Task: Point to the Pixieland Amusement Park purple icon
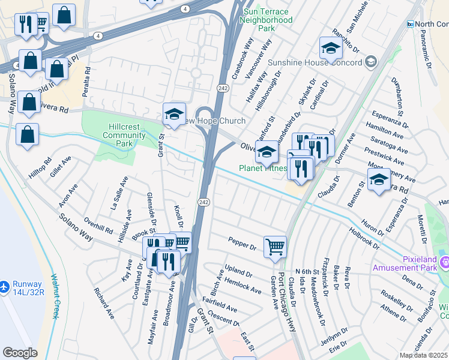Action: (x=444, y=262)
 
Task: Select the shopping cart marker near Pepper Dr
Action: (x=275, y=246)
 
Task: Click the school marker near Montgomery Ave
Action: (x=379, y=179)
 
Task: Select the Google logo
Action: (x=20, y=353)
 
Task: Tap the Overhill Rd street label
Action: (x=98, y=226)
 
